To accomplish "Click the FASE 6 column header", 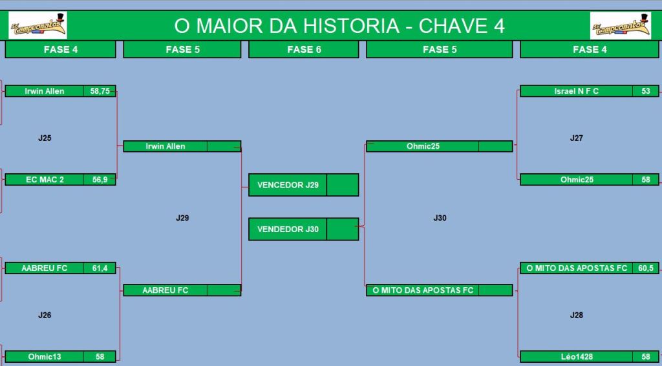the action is (304, 49).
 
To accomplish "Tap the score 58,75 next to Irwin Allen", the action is (100, 91).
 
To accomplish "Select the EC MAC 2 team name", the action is (45, 179).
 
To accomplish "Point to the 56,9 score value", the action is (100, 179).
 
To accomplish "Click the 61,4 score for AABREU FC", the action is (100, 268).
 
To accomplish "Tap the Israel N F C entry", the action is (576, 91).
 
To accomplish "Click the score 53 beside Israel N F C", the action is (646, 91).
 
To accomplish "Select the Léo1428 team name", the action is (577, 357).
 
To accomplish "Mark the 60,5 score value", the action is (646, 268).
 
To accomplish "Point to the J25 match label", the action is (45, 138).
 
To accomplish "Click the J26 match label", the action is (45, 315).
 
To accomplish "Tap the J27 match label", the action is (576, 138).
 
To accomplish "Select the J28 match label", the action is (576, 315).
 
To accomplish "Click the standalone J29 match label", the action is (182, 219).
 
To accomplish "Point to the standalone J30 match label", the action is (440, 219).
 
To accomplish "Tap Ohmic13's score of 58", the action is (100, 357).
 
